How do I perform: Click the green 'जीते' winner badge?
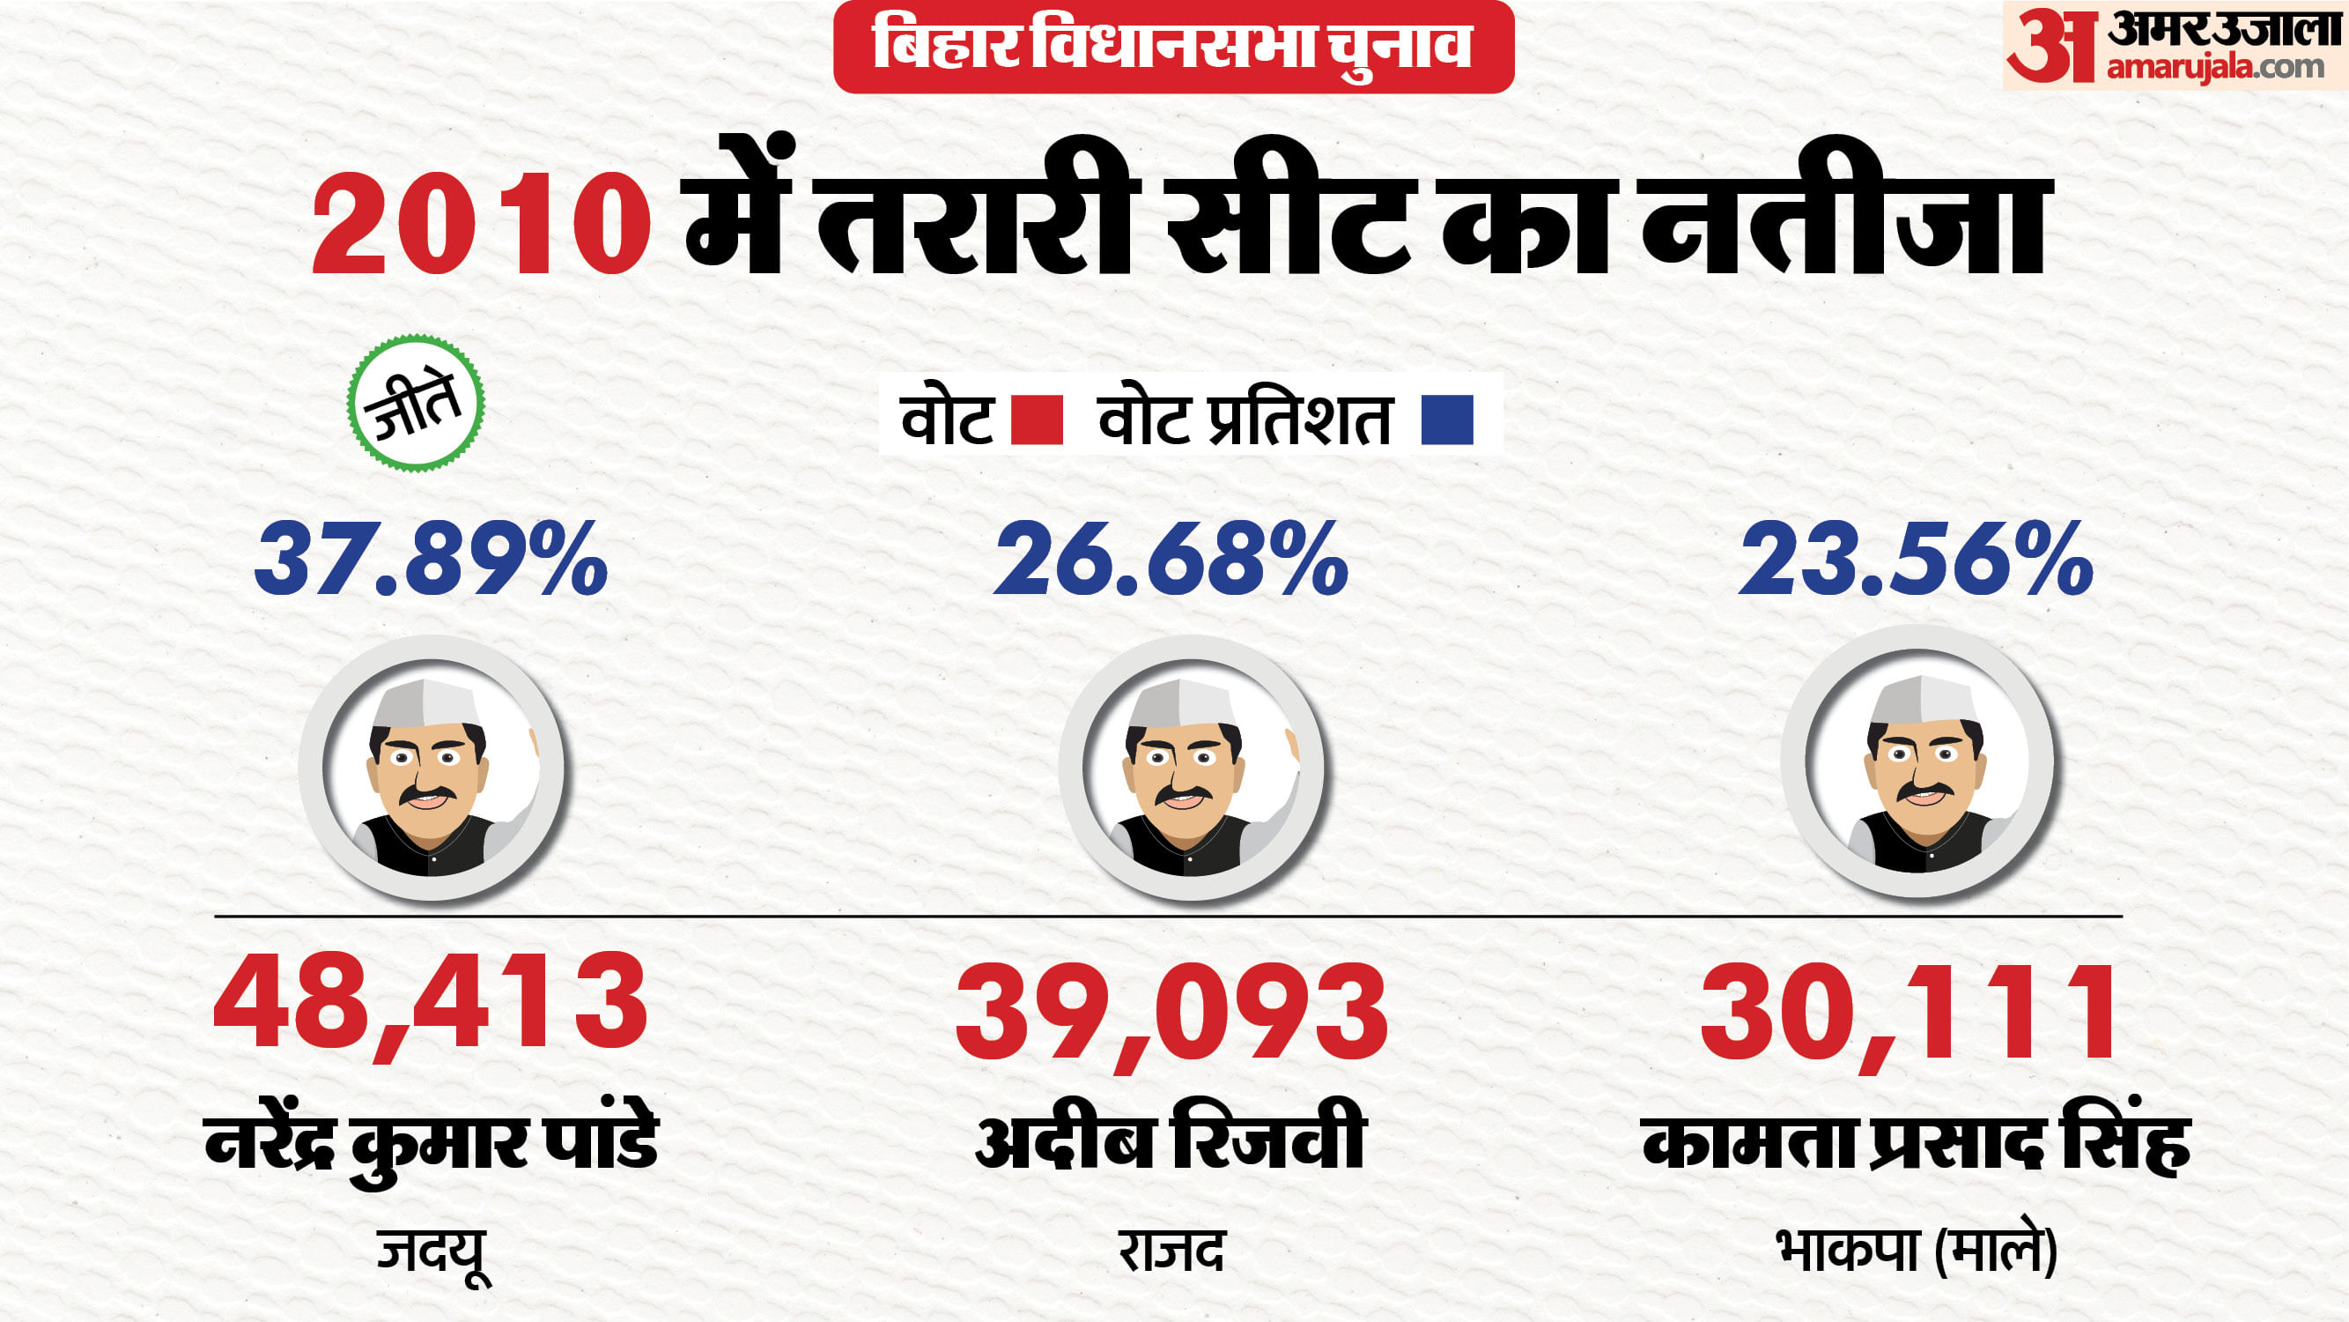416,404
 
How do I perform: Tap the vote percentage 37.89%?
431,559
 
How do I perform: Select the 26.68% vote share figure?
1171,559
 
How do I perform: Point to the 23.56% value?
1916,559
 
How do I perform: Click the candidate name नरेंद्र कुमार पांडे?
432,1143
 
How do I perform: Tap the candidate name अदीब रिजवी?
1171,1139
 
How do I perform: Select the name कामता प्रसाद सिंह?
1916,1142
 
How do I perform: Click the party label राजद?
1171,1251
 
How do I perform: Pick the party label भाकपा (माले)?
1916,1251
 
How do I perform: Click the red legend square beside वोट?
1038,420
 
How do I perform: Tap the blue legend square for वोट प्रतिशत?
1447,420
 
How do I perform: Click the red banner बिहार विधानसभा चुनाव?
1172,47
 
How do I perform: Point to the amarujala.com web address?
2215,67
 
